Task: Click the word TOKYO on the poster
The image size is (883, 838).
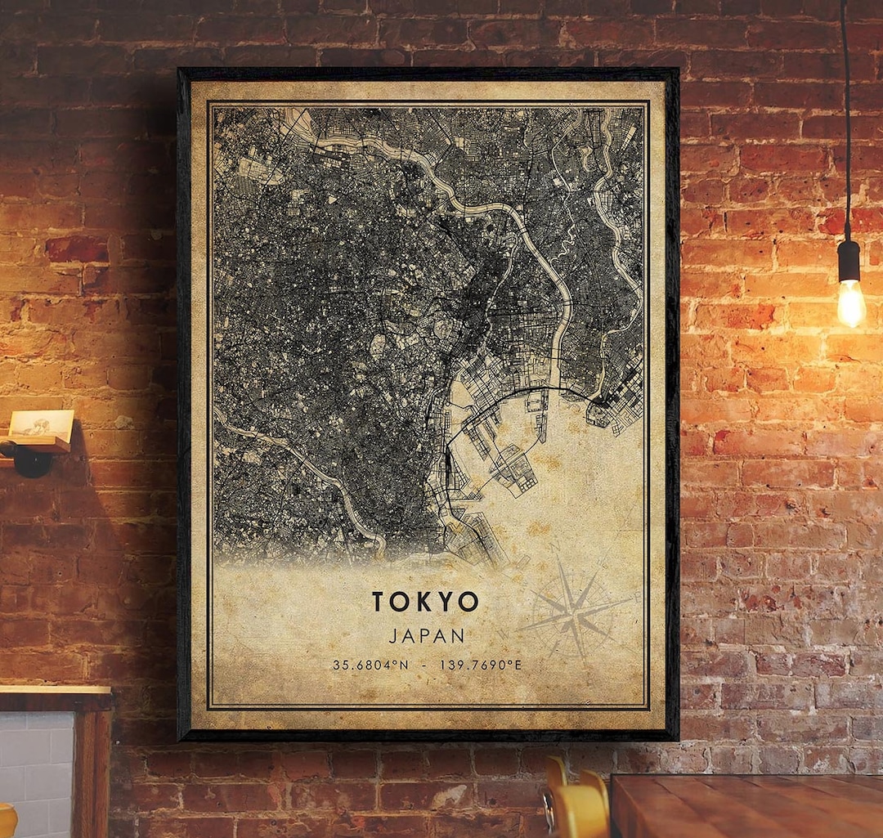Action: tap(425, 602)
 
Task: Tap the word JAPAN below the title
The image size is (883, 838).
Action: tap(427, 635)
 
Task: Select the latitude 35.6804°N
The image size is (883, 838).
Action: tap(370, 665)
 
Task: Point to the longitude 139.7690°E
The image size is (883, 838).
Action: tap(481, 665)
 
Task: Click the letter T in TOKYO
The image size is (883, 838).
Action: tap(379, 602)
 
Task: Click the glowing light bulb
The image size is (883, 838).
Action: tap(850, 302)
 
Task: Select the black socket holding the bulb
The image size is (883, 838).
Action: tap(849, 261)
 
